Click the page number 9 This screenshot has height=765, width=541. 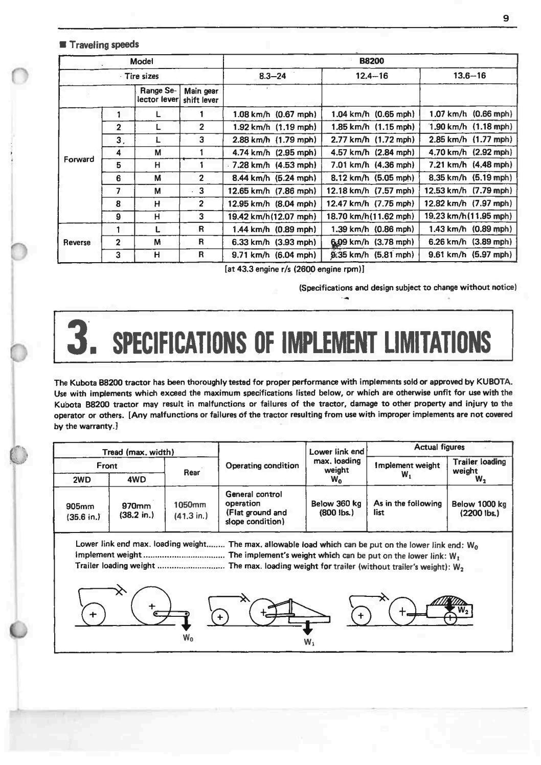pos(506,18)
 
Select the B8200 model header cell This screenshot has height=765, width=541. pos(371,61)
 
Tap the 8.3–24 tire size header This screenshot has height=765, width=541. pos(273,76)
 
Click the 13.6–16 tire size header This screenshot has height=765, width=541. pos(469,76)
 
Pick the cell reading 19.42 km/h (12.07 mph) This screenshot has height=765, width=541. pos(272,216)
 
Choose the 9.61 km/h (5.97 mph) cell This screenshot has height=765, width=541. pos(469,254)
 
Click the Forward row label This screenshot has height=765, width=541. pos(79,159)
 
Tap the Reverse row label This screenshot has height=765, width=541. pos(77,242)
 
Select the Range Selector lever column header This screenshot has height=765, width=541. pos(157,96)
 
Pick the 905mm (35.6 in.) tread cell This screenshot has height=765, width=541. pos(81,512)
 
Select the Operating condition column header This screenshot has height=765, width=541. pos(262,466)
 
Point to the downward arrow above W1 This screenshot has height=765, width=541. pos(308,628)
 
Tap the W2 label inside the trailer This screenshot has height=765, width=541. pos(463,610)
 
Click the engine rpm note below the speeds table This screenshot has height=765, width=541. pos(294,269)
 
